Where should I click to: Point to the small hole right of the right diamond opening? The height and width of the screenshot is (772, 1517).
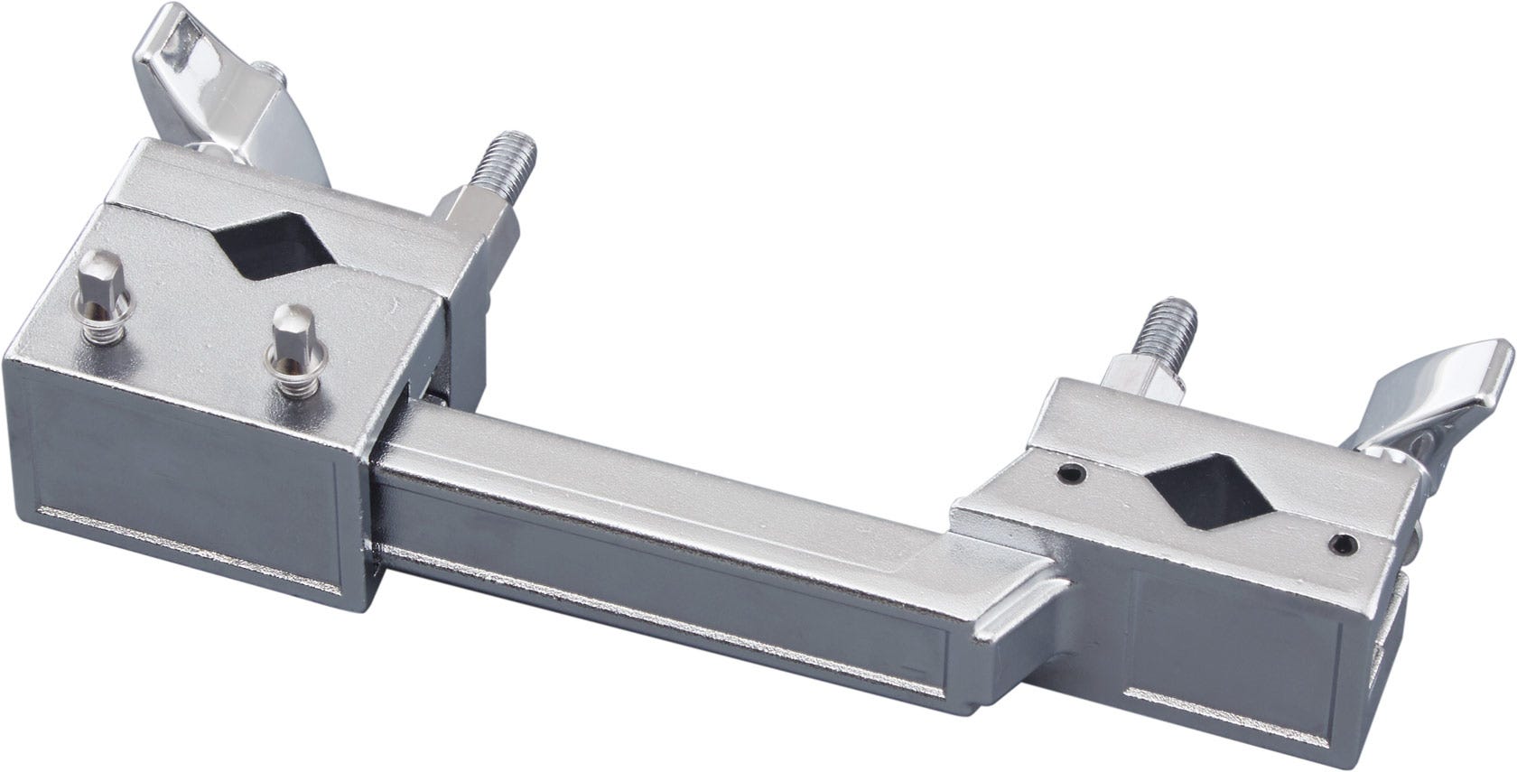point(1345,543)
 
